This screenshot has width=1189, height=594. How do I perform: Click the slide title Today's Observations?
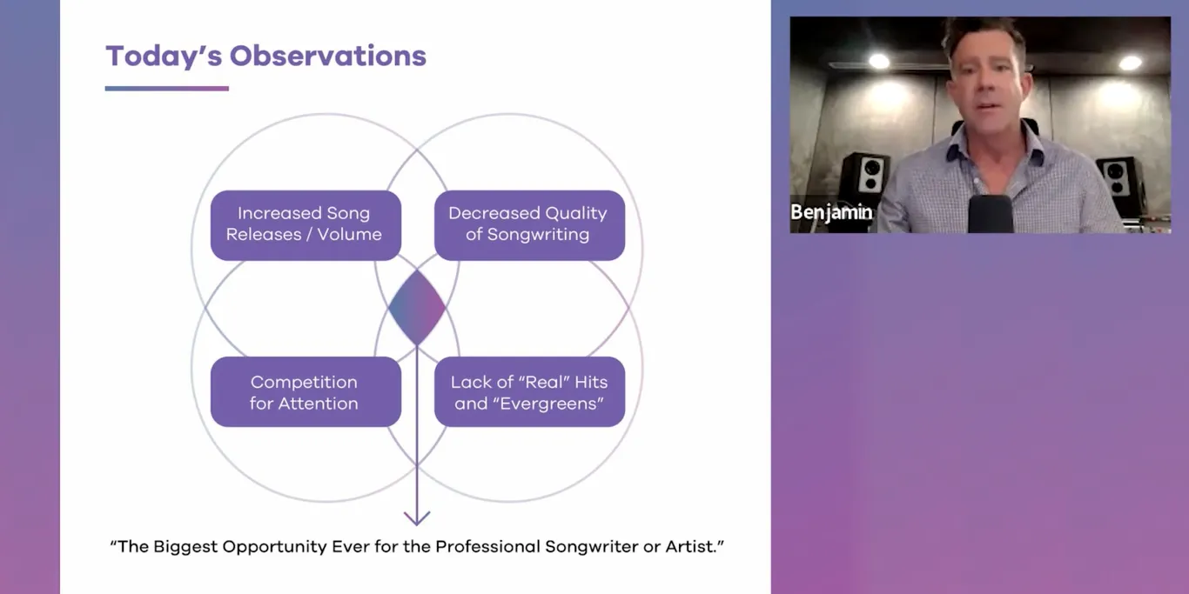(x=265, y=56)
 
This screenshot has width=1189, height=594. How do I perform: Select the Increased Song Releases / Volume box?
(x=306, y=224)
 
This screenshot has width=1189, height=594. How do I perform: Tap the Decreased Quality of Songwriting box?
(x=529, y=224)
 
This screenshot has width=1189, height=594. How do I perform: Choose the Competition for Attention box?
(x=306, y=392)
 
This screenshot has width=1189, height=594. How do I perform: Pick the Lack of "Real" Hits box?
(x=529, y=392)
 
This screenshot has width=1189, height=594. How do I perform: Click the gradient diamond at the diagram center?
(x=417, y=307)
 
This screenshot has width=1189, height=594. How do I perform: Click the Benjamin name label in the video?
(x=831, y=212)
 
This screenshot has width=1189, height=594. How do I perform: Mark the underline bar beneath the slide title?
(x=166, y=88)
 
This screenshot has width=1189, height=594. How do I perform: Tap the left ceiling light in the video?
(x=879, y=62)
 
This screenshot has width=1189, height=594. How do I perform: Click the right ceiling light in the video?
(x=1130, y=63)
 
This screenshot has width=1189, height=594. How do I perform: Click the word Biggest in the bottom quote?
(x=186, y=547)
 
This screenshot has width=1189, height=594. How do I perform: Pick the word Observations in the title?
(x=327, y=56)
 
